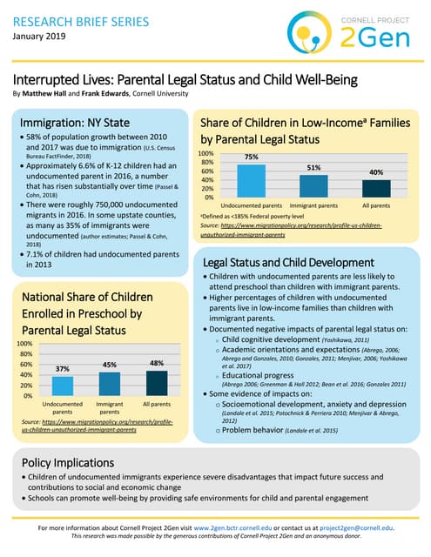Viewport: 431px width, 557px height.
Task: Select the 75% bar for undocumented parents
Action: point(252,180)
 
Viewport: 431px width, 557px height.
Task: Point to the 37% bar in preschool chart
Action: point(63,384)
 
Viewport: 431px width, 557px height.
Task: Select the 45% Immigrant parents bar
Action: point(110,382)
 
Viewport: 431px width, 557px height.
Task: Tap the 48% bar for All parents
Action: point(157,381)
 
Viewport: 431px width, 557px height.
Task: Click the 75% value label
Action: point(252,158)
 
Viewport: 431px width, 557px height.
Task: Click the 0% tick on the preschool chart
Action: point(28,395)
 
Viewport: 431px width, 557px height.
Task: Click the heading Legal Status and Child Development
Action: point(295,262)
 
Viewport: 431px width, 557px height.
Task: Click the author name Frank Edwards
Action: point(121,92)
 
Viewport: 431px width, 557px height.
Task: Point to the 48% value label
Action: point(157,361)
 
